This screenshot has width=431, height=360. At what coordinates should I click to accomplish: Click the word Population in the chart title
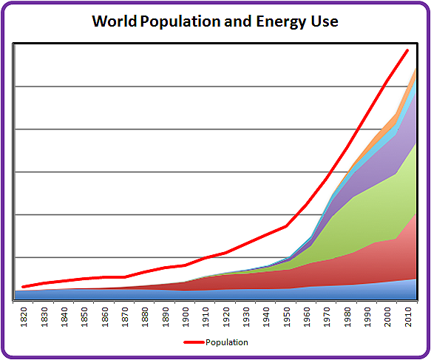click(180, 21)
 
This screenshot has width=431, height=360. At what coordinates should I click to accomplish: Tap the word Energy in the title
click(281, 21)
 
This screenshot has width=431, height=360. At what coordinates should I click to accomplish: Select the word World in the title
click(115, 21)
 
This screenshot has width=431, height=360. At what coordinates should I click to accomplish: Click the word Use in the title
click(325, 21)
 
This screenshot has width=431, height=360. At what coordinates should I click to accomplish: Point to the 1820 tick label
click(24, 317)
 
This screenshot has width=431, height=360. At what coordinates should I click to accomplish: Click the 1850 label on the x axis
click(84, 317)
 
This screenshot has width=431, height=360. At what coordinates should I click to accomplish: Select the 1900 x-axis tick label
click(186, 317)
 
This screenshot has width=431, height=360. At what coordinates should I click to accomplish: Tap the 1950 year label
click(287, 317)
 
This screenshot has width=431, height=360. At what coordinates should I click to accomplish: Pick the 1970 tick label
click(327, 317)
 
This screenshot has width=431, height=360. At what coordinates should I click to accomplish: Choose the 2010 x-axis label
click(408, 317)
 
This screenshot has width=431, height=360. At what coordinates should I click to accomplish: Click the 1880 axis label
click(145, 317)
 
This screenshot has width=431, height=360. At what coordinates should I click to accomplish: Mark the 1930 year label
click(246, 317)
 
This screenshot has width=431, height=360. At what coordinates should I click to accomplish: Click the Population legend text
click(227, 342)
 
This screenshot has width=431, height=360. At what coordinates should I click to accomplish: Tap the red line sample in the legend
click(194, 342)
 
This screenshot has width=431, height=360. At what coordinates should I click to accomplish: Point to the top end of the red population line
click(407, 50)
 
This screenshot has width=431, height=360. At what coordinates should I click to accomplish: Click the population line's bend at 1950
click(286, 226)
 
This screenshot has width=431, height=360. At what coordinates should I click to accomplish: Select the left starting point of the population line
click(23, 287)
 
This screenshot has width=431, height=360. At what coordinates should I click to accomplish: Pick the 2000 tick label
click(388, 317)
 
